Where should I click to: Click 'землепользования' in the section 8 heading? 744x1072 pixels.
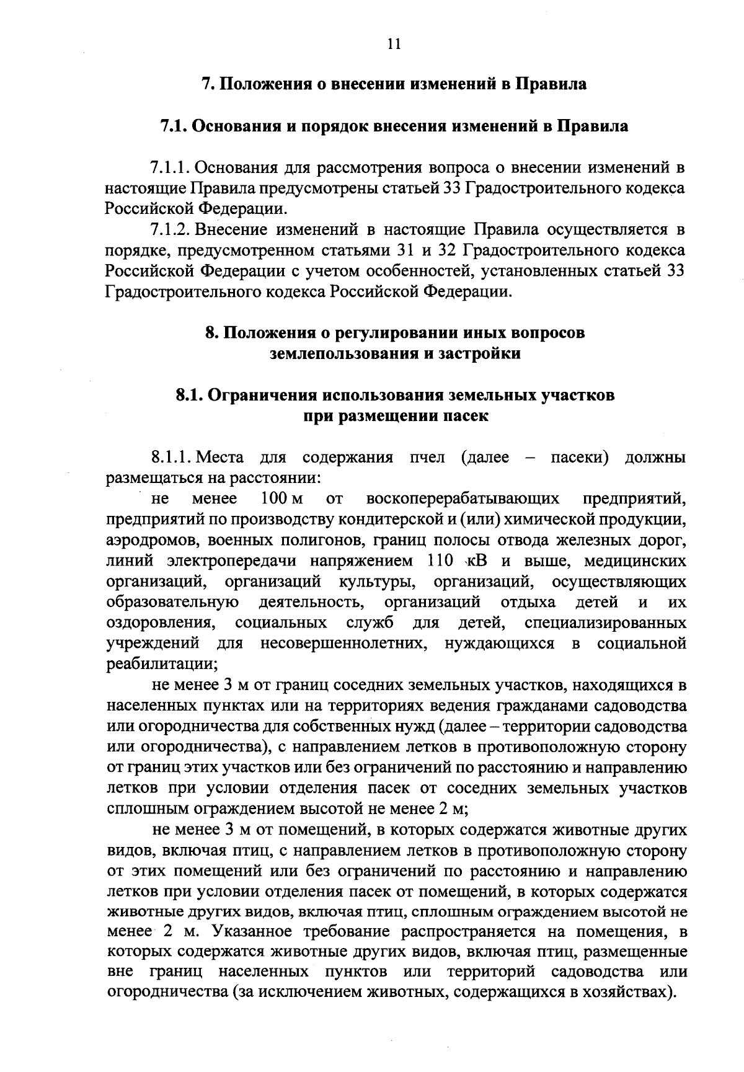point(344,354)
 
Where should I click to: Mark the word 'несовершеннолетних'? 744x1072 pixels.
point(345,644)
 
